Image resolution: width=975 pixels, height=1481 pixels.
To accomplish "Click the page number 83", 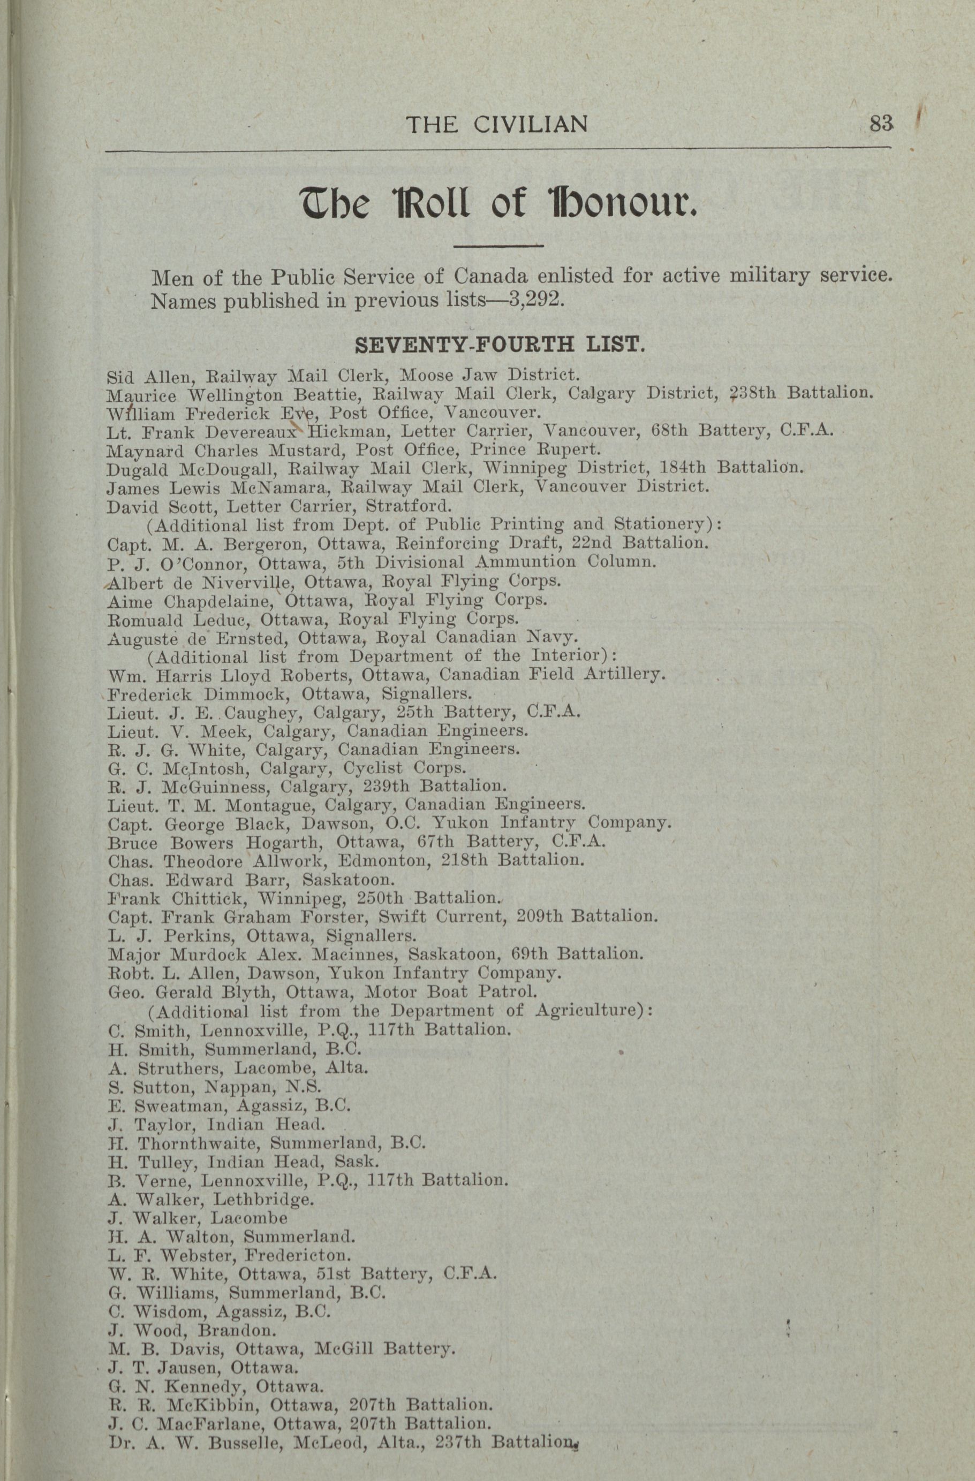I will point(881,124).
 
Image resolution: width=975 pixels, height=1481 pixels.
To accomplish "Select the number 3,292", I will point(536,301).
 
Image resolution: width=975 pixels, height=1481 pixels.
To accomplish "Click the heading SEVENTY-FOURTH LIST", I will point(498,344).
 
